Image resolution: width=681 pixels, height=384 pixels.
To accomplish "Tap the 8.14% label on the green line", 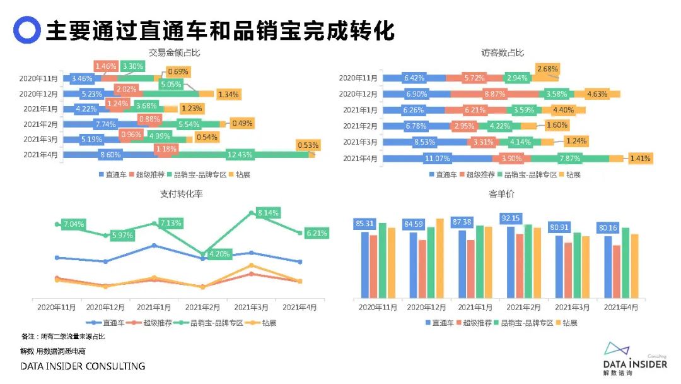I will pyautogui.click(x=268, y=213).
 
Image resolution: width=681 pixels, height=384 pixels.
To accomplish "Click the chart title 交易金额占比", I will pyautogui.click(x=168, y=52).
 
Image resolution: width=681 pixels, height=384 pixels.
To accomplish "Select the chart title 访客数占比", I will pyautogui.click(x=502, y=52).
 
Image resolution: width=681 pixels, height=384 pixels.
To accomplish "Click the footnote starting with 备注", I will pyautogui.click(x=63, y=337).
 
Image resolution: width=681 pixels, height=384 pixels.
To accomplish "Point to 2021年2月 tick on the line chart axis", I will pyautogui.click(x=202, y=307).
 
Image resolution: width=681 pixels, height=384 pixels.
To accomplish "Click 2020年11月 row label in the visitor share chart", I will pyautogui.click(x=358, y=78).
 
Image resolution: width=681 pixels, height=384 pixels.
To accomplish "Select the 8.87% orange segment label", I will pyautogui.click(x=493, y=93).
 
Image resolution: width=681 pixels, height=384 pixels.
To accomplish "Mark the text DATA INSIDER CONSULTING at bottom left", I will pyautogui.click(x=83, y=366).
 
